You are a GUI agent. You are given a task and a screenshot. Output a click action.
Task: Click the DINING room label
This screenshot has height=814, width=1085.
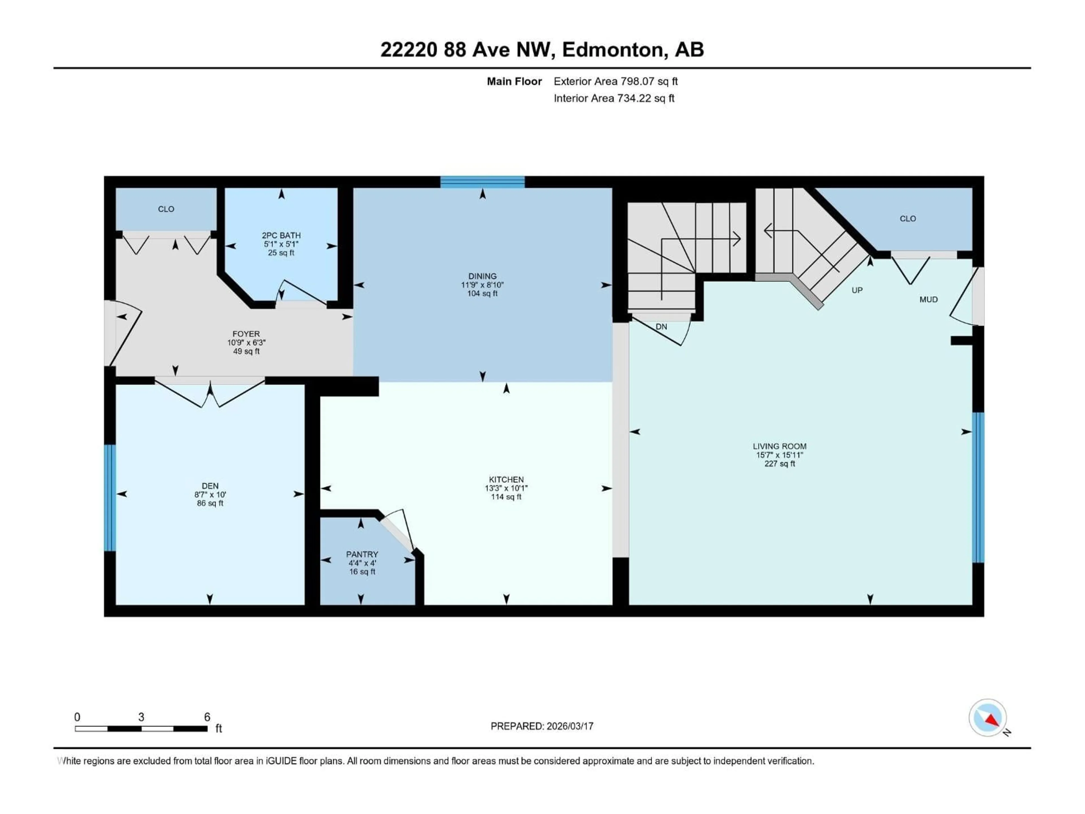coord(482,276)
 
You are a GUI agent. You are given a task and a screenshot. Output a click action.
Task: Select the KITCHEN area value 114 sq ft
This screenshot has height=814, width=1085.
coord(506,497)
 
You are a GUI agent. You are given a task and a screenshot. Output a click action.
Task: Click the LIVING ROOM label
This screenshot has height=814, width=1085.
coord(779,446)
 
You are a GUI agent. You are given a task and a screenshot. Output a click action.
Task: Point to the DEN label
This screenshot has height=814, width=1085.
coord(210,486)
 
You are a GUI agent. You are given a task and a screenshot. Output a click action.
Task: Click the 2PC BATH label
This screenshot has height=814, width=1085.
coord(281,235)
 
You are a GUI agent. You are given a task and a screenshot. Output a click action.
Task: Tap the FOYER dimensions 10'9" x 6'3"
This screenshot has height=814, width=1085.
coord(246,343)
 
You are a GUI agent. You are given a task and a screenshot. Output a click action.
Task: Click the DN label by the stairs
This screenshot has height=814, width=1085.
coord(661,327)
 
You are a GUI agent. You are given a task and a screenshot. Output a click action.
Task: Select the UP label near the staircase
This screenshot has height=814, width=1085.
coord(857,290)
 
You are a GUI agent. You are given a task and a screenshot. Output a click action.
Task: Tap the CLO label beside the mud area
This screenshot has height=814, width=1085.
coord(908,219)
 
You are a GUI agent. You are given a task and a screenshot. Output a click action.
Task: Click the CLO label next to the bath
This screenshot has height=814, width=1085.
coord(166,209)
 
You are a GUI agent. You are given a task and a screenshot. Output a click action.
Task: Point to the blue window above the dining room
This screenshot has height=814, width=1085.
coord(482,182)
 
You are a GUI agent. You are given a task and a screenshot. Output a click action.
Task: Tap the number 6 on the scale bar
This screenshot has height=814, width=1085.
coord(207,717)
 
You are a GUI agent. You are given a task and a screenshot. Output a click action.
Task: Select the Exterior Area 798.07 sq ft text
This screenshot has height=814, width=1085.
coord(616,81)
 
